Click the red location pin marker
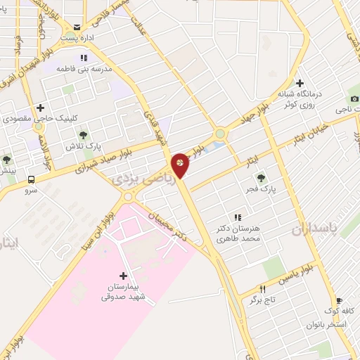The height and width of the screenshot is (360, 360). tap(180, 165)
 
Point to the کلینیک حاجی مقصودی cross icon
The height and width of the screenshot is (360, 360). tap(40, 108)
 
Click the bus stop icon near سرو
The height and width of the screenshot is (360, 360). tap(30, 179)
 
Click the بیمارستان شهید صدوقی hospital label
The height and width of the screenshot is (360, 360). tap(124, 292)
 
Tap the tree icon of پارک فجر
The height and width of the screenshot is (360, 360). tap(261, 177)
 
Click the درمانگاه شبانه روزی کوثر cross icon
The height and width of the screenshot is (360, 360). tap(300, 84)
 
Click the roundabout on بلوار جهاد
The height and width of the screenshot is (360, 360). tap(221, 133)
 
